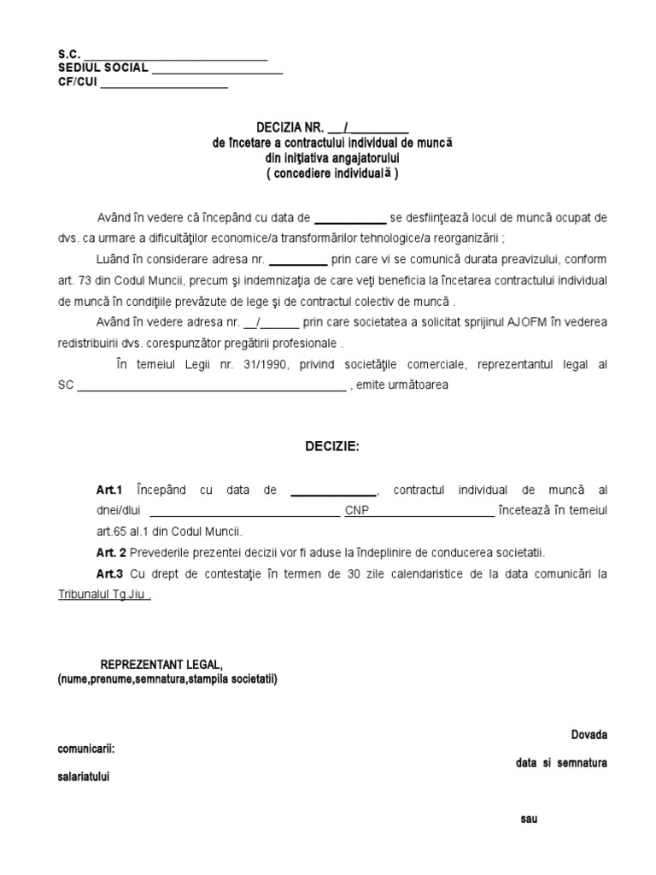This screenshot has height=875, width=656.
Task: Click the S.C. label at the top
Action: point(68,55)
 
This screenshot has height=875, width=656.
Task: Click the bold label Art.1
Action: point(110,490)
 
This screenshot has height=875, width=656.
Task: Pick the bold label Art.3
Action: point(110,573)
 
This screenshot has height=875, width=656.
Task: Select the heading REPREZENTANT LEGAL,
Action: point(161,665)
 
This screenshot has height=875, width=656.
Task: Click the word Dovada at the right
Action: point(589,735)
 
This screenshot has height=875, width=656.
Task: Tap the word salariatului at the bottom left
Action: point(83,778)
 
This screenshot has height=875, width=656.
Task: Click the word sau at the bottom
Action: point(529,819)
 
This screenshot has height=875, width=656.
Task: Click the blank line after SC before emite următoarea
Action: point(212,385)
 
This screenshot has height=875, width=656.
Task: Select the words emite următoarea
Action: point(401,385)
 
